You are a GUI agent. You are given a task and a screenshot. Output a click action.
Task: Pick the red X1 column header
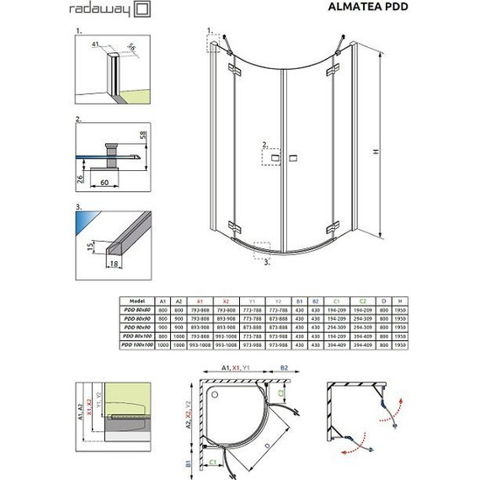pyautogui.click(x=200, y=299)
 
